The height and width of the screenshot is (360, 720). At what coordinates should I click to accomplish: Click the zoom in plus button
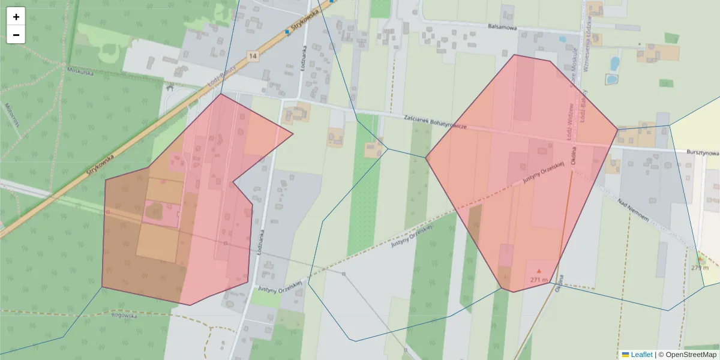[x=16, y=17]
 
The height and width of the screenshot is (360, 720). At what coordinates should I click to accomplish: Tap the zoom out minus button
[x=16, y=35]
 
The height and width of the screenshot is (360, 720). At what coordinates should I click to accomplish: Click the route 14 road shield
[x=253, y=56]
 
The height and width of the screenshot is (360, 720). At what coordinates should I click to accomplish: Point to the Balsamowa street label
[x=503, y=27]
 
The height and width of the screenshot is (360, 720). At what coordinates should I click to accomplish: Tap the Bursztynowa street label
[x=703, y=153]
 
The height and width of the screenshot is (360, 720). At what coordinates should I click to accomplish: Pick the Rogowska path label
[x=124, y=314]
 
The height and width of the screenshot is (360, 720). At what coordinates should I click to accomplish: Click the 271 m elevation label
[x=539, y=280]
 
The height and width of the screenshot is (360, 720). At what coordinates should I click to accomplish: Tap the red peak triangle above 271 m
[x=539, y=271]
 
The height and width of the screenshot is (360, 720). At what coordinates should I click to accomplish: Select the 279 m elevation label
[x=700, y=268]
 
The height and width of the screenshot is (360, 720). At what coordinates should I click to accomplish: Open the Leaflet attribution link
[x=641, y=355]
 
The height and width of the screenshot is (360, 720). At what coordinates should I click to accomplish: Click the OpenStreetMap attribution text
[x=687, y=355]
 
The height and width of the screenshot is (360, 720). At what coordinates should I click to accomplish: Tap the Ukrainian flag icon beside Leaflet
[x=625, y=355]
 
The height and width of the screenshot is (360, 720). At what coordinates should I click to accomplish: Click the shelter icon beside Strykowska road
[x=170, y=88]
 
